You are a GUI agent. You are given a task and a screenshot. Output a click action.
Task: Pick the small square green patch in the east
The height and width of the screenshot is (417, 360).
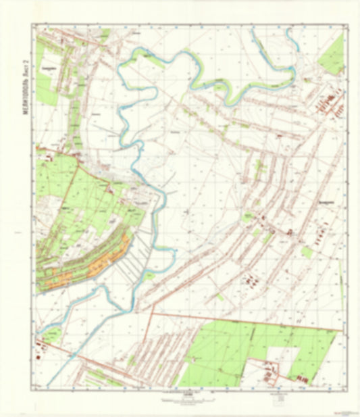(x=307, y=252)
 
